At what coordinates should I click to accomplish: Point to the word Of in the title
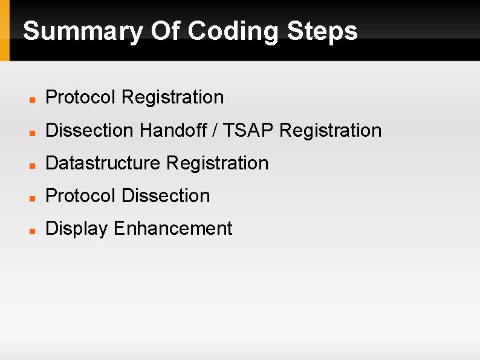[x=164, y=31]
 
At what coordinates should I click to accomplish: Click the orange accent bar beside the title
[x=5, y=30]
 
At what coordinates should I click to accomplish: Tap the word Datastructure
[x=103, y=163]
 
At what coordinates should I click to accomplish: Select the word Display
[x=77, y=229]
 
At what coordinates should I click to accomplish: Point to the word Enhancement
[x=173, y=228]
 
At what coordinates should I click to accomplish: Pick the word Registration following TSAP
[x=331, y=130]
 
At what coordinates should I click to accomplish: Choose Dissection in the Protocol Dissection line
[x=166, y=195]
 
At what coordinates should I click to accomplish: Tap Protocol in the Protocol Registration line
[x=80, y=97]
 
